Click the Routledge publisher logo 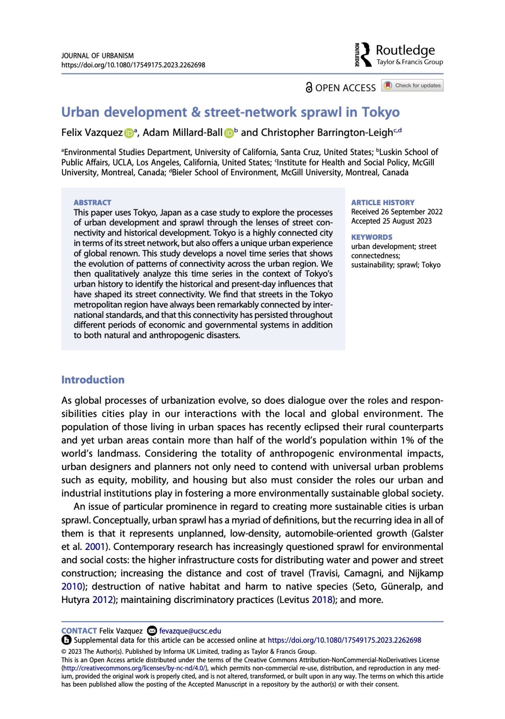[x=399, y=55]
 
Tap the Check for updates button [x=412, y=85]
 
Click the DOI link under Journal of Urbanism [x=133, y=65]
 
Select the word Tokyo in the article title [x=380, y=112]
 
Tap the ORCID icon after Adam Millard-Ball [x=229, y=133]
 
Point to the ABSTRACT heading [x=92, y=202]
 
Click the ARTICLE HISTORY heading [x=383, y=202]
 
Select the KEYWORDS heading [x=372, y=237]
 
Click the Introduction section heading [x=93, y=380]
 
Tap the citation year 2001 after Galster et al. [x=95, y=547]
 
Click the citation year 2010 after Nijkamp [x=72, y=587]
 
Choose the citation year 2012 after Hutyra [x=102, y=600]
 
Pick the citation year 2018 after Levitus [x=322, y=600]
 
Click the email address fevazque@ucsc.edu [x=190, y=631]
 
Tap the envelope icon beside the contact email [x=152, y=631]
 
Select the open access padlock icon [x=309, y=87]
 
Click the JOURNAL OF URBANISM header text [x=97, y=56]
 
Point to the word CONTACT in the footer [x=79, y=631]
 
